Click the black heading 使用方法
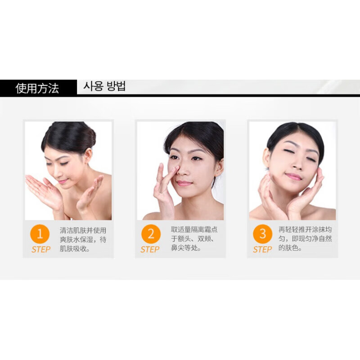point(37,88)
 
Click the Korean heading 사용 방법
point(104,86)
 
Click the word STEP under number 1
point(41,249)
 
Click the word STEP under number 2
point(150,249)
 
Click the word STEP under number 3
point(262,249)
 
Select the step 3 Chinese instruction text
point(305,239)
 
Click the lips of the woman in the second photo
point(184,183)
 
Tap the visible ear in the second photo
point(219,166)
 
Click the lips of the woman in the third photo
point(293,176)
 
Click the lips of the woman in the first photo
point(63,182)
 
